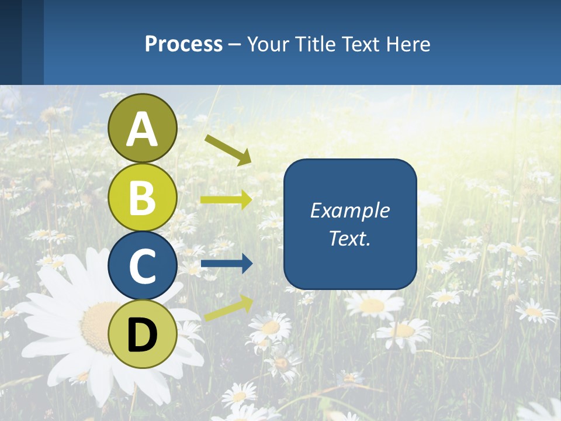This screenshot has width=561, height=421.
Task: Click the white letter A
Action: [x=143, y=129]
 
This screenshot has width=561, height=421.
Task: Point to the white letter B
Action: [x=143, y=198]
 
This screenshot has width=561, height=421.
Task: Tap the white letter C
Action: [x=143, y=267]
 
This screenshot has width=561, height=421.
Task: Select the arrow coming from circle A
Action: [x=228, y=149]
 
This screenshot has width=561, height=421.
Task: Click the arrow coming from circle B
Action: [x=226, y=199]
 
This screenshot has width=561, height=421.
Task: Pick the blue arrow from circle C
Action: [x=226, y=264]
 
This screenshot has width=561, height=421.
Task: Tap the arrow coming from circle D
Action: [x=228, y=308]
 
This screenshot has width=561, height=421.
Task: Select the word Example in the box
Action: [x=349, y=210]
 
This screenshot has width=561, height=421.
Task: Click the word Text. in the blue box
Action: [x=349, y=238]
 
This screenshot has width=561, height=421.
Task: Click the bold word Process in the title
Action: [x=183, y=44]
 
